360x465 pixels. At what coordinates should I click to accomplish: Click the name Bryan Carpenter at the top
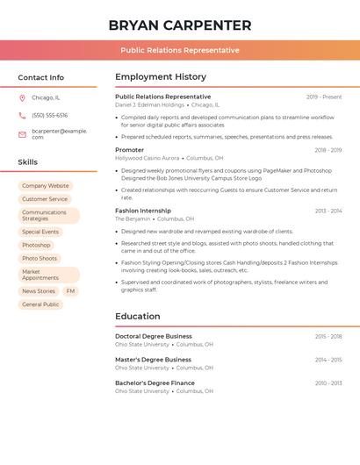point(180,25)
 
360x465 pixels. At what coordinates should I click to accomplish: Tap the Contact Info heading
point(41,77)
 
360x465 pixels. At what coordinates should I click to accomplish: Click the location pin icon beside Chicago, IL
point(22,98)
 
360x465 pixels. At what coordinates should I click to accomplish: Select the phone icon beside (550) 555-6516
point(22,116)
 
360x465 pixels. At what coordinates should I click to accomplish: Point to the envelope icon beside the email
point(22,134)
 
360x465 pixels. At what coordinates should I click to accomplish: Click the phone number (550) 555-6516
point(50,116)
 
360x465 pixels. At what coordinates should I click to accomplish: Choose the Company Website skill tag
point(46,186)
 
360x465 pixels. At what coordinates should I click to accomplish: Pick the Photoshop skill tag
point(37,245)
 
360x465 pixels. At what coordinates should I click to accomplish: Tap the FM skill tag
point(70,291)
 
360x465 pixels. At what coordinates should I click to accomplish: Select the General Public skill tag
point(40,304)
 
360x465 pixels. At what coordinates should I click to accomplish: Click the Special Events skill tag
point(40,232)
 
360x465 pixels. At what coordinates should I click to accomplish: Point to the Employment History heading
point(161,77)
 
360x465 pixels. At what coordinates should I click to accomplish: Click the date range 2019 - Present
point(324,97)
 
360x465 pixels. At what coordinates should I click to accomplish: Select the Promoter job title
point(130,150)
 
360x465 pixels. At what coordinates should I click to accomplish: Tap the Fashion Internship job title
point(143,211)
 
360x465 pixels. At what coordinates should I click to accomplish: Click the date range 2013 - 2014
point(328,211)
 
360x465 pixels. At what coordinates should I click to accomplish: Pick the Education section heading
point(138,317)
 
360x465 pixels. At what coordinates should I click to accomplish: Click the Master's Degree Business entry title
point(154,360)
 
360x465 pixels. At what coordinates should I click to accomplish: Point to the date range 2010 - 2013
point(328,383)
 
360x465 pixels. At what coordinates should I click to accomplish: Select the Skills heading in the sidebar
point(28,162)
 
